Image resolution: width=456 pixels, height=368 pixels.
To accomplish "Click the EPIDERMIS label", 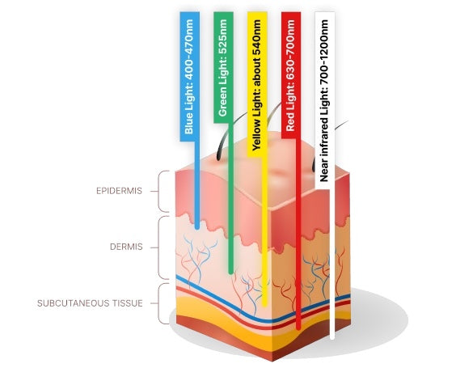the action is [119, 191].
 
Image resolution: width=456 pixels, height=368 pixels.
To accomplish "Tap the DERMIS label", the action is [126, 247].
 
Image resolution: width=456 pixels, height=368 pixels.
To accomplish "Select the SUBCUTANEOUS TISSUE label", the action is [90, 303].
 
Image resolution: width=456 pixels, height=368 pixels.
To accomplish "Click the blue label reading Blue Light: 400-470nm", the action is [190, 77].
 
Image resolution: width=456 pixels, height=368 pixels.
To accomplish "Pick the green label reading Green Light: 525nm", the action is [223, 67].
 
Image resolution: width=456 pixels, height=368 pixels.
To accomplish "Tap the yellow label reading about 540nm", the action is [257, 84].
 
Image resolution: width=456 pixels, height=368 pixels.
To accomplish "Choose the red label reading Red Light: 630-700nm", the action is [291, 75].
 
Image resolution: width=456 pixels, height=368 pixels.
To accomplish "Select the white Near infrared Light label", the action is [324, 100].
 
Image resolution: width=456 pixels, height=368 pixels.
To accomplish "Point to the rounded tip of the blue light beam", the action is [197, 227].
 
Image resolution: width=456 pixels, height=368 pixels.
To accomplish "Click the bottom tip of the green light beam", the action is [231, 273].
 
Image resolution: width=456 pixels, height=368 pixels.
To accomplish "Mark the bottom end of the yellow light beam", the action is [264, 304].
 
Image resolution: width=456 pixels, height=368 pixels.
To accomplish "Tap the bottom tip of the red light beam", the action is [298, 328].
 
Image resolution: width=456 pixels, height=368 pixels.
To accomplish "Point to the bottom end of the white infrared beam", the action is [332, 337].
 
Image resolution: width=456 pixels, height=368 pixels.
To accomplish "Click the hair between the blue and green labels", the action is [223, 137].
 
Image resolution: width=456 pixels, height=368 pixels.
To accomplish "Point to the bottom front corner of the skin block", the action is [272, 361].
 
